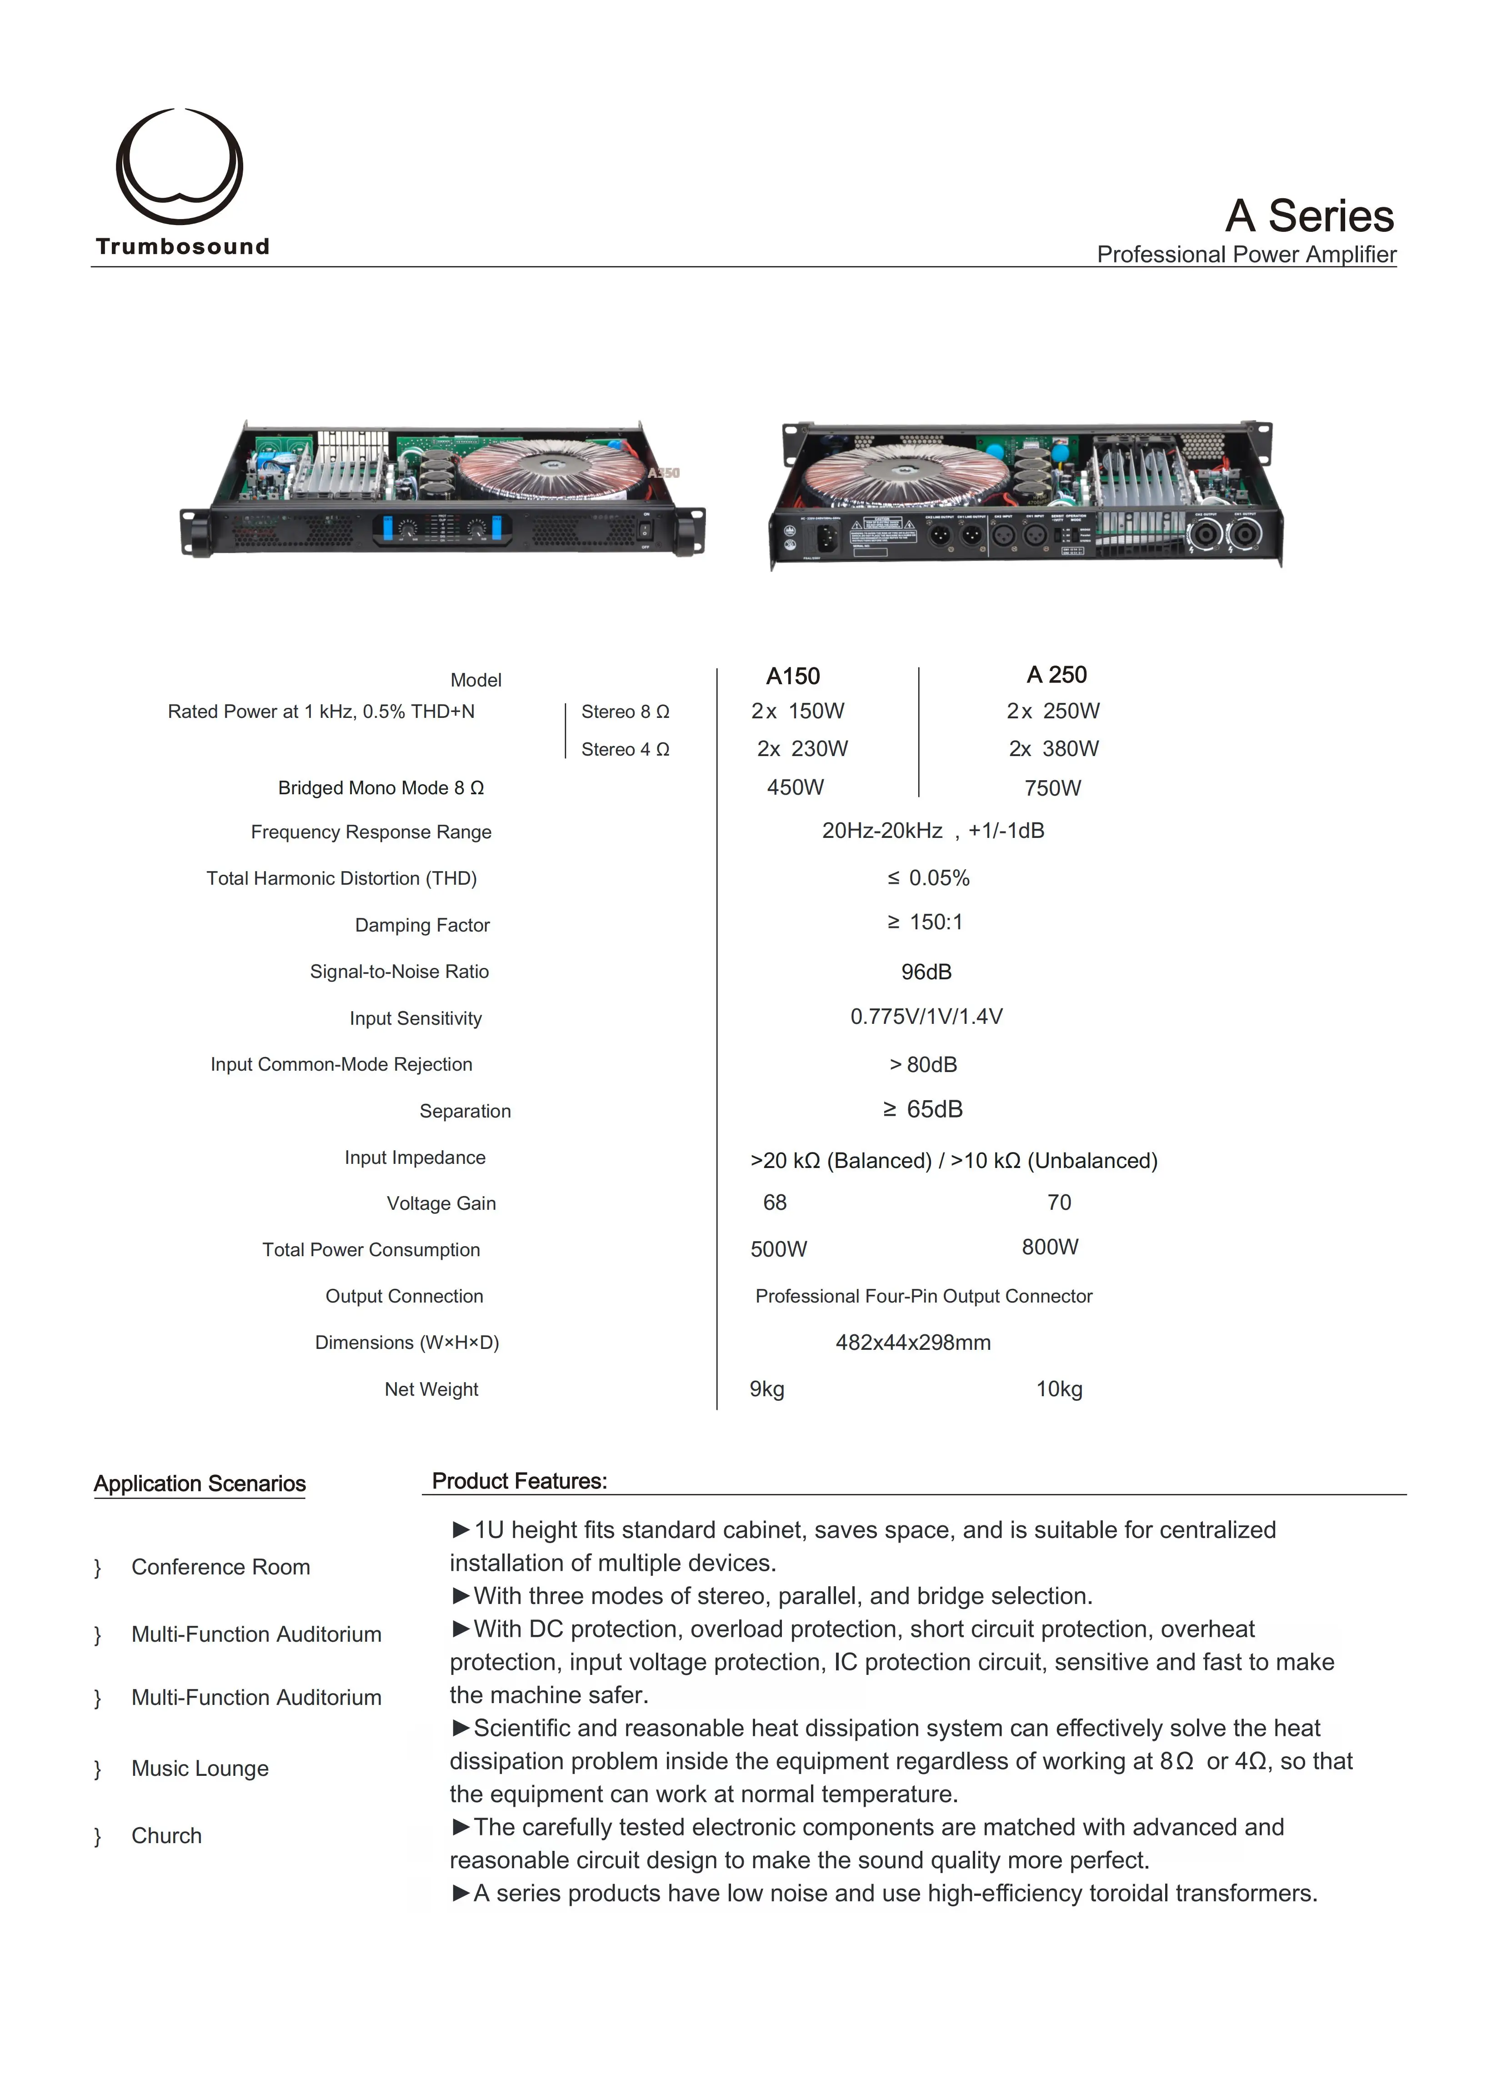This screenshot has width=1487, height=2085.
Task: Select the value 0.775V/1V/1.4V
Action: click(x=926, y=1017)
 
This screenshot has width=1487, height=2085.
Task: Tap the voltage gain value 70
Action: click(x=1058, y=1202)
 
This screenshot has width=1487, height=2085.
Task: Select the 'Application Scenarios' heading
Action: click(x=200, y=1484)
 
